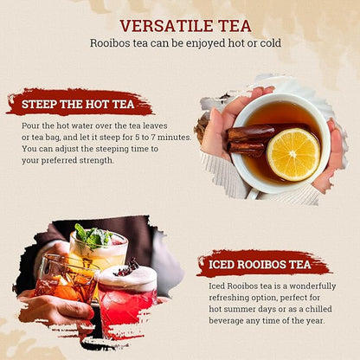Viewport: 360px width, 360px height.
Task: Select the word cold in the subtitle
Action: click(x=268, y=43)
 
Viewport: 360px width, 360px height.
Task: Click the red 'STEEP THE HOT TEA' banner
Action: click(x=80, y=103)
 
